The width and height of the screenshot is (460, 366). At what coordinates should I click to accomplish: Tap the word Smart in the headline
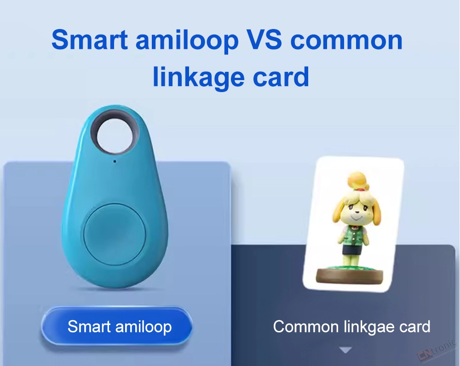(x=90, y=40)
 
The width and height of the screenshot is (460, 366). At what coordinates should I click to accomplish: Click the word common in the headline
(x=346, y=41)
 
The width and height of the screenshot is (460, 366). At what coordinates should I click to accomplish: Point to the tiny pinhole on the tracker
(x=115, y=161)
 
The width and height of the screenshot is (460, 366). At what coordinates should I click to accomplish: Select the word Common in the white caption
(x=306, y=327)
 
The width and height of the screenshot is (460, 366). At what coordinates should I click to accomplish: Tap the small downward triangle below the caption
(x=345, y=350)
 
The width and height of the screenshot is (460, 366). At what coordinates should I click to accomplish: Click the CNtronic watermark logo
(x=437, y=351)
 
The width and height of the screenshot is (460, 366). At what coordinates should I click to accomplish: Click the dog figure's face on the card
(x=356, y=211)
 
